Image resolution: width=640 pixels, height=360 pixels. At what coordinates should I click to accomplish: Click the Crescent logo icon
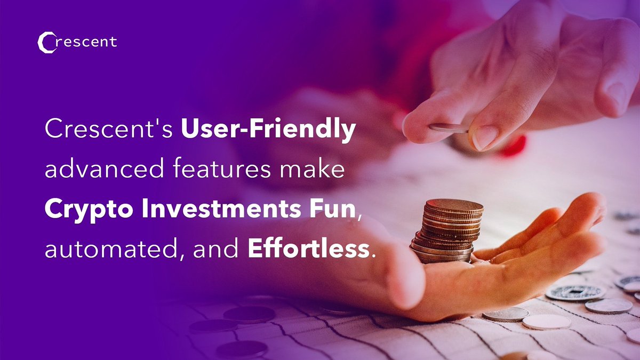pyautogui.click(x=46, y=43)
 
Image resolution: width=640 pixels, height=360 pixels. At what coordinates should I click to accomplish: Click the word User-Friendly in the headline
pyautogui.click(x=268, y=131)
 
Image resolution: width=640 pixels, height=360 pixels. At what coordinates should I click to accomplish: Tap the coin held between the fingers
pyautogui.click(x=448, y=128)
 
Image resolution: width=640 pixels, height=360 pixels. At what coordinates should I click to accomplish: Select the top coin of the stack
pyautogui.click(x=454, y=205)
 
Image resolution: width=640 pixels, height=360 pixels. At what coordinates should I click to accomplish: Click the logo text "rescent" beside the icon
pyautogui.click(x=86, y=42)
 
